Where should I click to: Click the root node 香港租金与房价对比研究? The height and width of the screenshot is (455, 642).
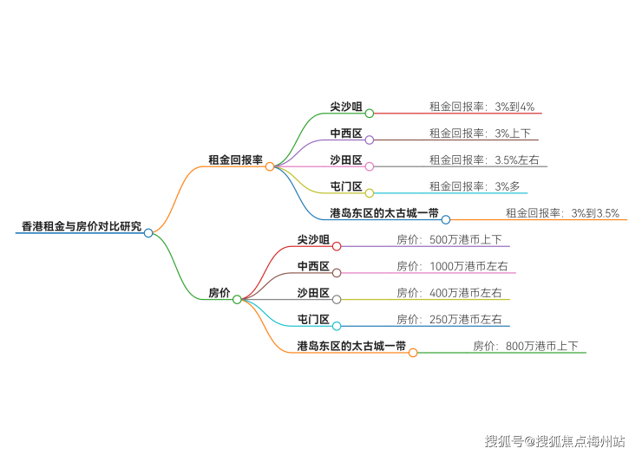coord(81,226)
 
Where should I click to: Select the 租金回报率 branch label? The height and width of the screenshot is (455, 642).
coord(235,159)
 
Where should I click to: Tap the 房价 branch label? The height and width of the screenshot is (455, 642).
coord(219,293)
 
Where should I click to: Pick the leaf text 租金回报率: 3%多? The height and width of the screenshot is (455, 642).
coord(475,186)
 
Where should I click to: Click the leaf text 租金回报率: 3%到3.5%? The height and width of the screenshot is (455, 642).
coord(562,213)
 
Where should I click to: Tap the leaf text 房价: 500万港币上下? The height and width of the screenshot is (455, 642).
coord(449,240)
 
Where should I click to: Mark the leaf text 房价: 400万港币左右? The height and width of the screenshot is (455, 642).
coord(449,293)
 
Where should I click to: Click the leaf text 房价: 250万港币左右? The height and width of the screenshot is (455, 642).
coord(449,320)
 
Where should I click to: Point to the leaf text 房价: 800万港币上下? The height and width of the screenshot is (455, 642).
coord(526,347)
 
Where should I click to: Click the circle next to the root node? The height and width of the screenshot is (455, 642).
coord(148,232)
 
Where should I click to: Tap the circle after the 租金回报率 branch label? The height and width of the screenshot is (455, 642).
coord(270,166)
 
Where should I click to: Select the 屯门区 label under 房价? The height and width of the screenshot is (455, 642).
coord(313,320)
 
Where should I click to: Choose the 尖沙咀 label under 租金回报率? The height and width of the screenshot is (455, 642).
coord(346,107)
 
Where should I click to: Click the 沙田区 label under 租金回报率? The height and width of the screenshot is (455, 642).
coord(346,159)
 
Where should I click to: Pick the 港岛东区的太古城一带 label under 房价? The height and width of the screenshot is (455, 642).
coord(351,347)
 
